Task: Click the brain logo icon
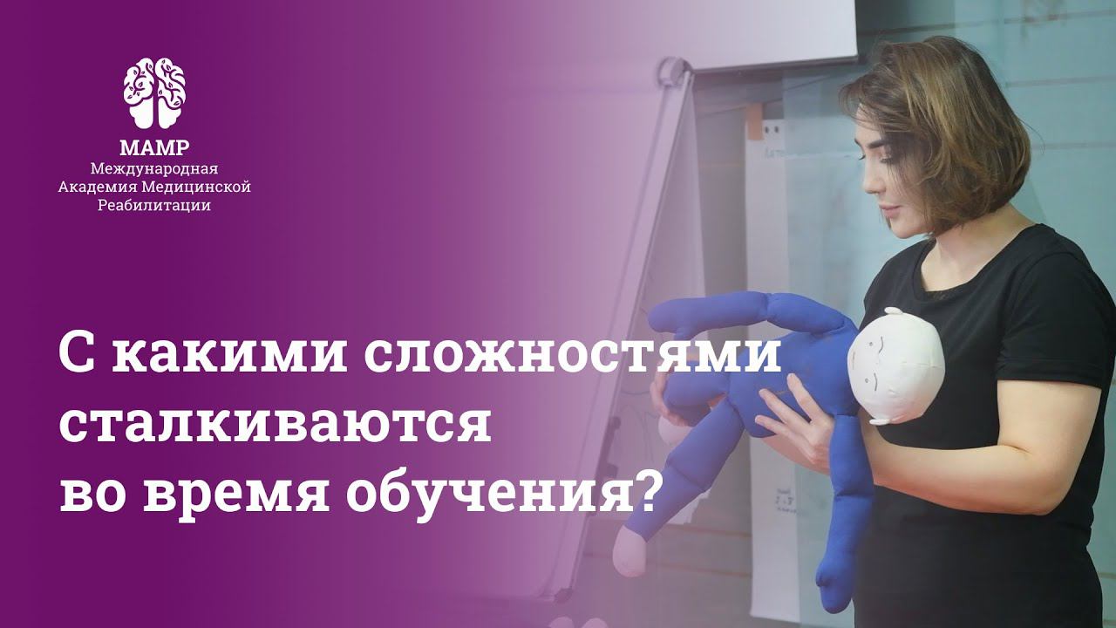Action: click(x=154, y=92)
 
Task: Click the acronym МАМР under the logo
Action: click(x=154, y=147)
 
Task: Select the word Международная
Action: click(x=154, y=167)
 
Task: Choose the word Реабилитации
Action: click(x=154, y=206)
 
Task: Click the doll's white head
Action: click(x=895, y=365)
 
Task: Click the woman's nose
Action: click(x=865, y=183)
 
